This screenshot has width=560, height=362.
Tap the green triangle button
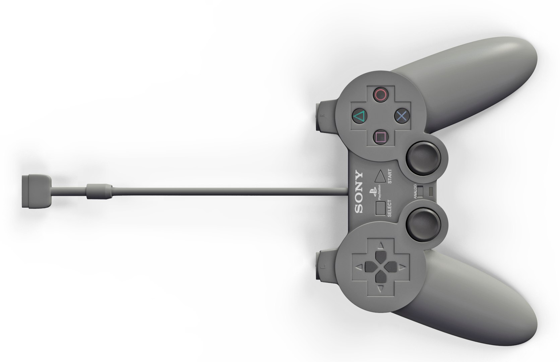click(359, 117)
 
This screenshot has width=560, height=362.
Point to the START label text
click(389, 176)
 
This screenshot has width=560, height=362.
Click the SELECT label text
click(389, 208)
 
